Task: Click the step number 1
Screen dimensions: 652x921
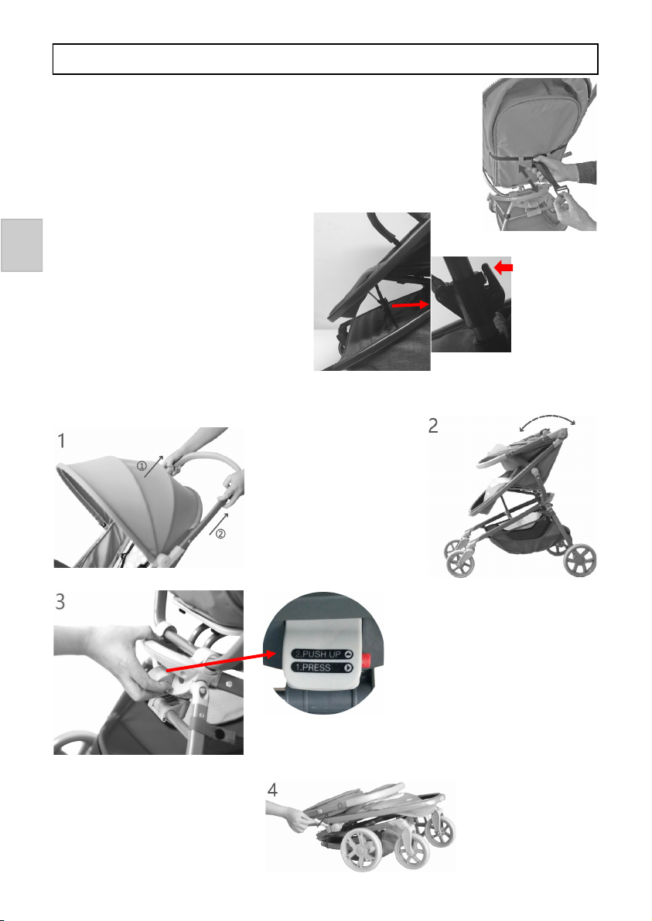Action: coord(61,440)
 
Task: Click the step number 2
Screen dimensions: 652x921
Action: coord(433,425)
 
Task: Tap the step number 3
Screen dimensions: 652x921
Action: coord(60,601)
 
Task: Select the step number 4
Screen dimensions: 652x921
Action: coord(272,790)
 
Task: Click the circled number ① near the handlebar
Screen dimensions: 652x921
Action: coord(142,467)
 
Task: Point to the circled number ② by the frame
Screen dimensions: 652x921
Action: coord(220,534)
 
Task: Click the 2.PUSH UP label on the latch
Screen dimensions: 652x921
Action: coord(323,654)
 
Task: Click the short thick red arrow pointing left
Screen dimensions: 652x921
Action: coord(504,268)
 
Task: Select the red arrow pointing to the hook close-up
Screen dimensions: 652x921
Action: coord(411,305)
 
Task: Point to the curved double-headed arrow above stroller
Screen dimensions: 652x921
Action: coord(547,420)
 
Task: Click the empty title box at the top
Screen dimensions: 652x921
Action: coord(325,59)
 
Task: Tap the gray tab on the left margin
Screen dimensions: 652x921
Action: coord(22,246)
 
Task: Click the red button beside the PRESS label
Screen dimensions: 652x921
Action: coord(367,660)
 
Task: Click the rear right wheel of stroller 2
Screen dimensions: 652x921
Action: coord(580,559)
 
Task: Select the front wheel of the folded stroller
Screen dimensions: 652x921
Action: coord(364,848)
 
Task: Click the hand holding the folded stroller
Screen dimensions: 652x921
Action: coord(289,815)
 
